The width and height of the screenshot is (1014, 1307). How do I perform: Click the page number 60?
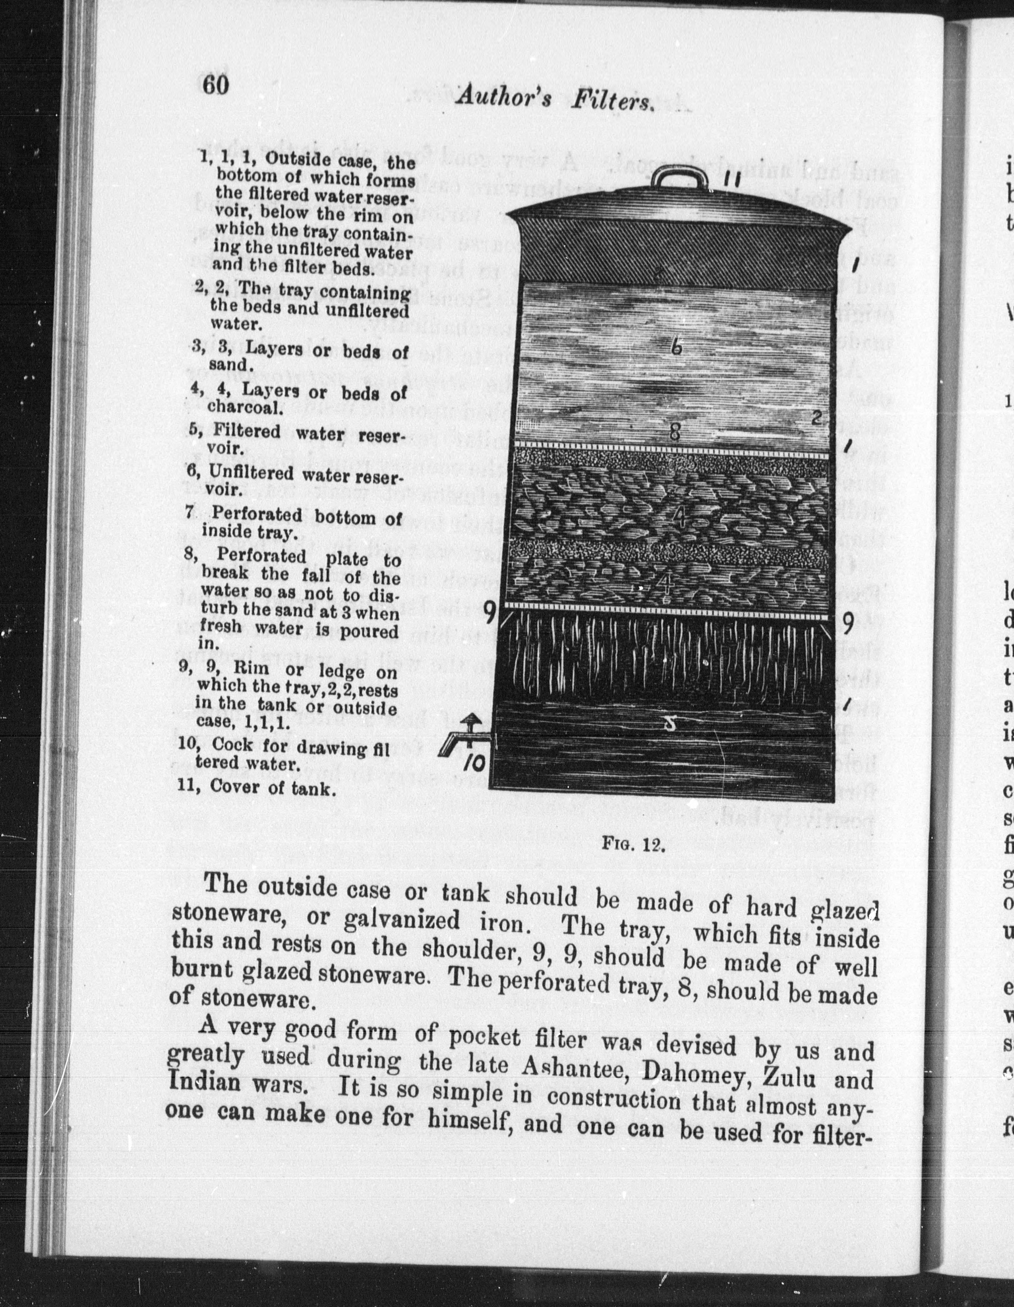click(x=215, y=85)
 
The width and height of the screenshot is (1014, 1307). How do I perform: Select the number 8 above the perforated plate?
click(x=675, y=432)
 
